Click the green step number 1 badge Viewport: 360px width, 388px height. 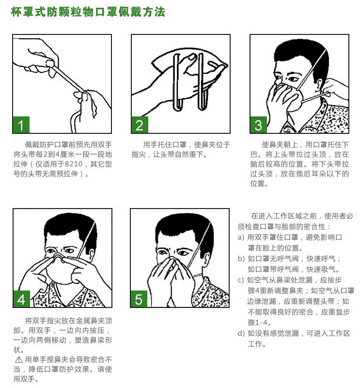point(21,125)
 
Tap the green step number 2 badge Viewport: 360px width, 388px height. point(140,125)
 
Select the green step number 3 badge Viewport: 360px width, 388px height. point(258,125)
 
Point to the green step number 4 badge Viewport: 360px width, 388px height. point(21,299)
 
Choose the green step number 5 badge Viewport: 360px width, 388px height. point(139,299)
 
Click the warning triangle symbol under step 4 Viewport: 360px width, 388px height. point(19,359)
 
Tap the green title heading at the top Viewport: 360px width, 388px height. point(88,12)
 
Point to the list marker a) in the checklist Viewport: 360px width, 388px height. point(241,238)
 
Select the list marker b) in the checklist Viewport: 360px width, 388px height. point(241,259)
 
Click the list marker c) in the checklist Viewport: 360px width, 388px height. point(241,280)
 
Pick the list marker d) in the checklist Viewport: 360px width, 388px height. point(241,333)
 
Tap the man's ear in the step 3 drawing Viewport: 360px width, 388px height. point(318,86)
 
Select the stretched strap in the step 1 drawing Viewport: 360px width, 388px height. point(67,78)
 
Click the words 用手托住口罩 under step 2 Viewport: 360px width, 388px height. point(165,145)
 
